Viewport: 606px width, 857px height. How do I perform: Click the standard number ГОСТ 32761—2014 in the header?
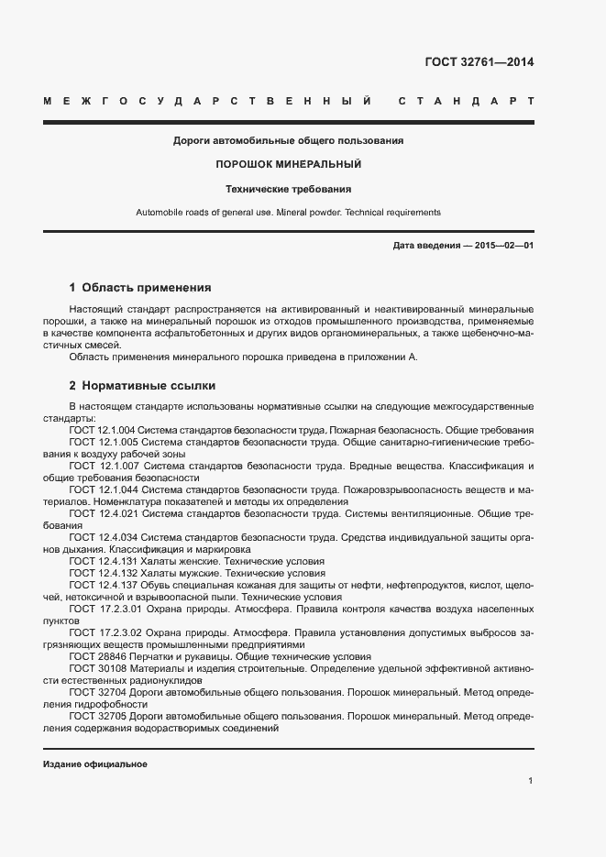click(x=479, y=63)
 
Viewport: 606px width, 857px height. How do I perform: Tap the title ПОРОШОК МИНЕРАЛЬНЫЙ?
click(x=288, y=164)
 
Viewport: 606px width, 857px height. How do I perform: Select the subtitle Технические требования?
click(x=288, y=189)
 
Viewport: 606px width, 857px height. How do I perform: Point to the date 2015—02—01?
click(x=503, y=247)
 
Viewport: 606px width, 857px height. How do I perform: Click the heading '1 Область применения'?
click(x=140, y=287)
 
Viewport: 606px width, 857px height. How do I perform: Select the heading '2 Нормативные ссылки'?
click(x=142, y=386)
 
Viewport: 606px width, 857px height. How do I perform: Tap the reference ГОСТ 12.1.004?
click(x=103, y=430)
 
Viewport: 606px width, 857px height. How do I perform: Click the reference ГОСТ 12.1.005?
click(x=103, y=442)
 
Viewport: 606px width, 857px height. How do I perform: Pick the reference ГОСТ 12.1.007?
click(x=103, y=466)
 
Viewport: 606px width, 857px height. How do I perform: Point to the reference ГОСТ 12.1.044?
click(x=103, y=489)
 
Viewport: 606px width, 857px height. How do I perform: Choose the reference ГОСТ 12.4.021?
click(x=103, y=513)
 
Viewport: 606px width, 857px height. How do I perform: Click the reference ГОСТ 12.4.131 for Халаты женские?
click(x=103, y=561)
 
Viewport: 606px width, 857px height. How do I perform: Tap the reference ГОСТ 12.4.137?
click(x=103, y=585)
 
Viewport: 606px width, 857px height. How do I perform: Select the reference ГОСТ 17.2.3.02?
click(x=103, y=632)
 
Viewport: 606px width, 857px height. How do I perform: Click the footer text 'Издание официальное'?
click(x=94, y=764)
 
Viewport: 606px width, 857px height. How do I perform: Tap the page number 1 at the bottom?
click(x=531, y=781)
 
